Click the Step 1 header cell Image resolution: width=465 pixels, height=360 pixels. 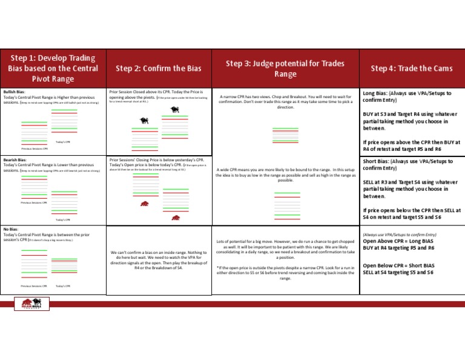52,68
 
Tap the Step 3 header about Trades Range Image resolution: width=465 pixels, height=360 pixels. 285,68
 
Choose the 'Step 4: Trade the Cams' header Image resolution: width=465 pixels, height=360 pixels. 412,68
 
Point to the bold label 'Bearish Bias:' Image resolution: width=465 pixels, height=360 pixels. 15,159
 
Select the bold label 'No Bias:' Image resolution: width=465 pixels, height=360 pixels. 10,230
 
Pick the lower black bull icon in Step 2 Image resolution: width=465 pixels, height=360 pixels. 145,120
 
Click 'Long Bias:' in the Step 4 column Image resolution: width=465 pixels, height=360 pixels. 376,93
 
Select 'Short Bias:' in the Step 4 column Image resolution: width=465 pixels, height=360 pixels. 377,161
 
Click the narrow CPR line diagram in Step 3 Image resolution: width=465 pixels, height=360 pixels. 285,136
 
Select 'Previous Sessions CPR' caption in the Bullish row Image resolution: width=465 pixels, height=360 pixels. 34,148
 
